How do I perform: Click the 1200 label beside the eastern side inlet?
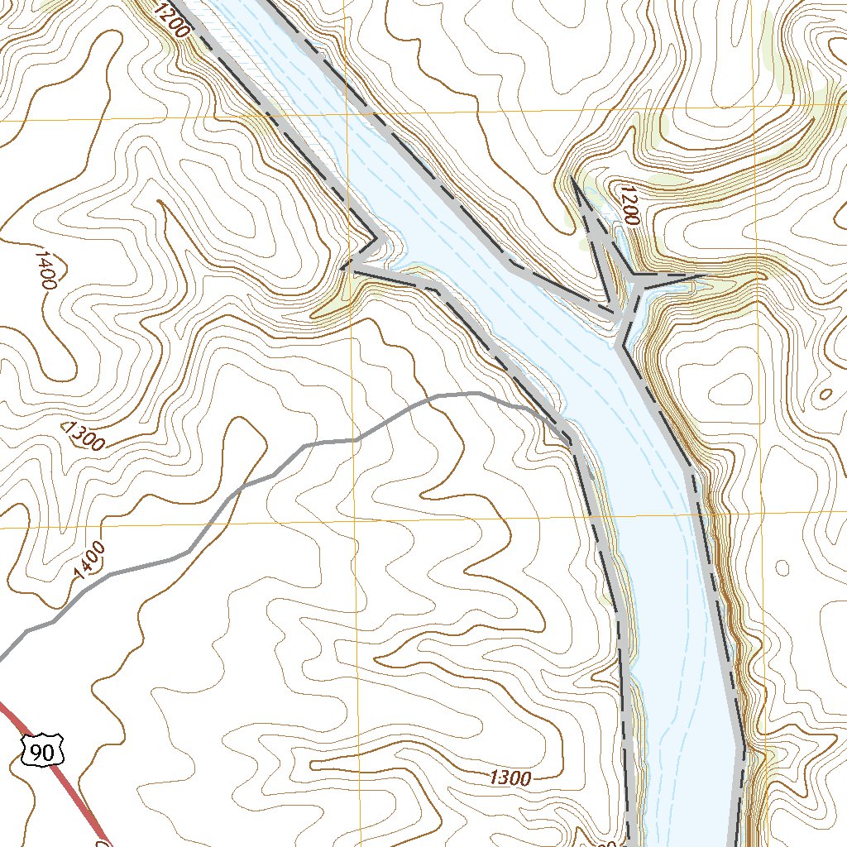coord(628,205)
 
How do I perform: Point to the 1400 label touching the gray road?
coord(89,560)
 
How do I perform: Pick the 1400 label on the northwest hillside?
coord(44,266)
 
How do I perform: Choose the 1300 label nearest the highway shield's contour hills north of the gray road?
coord(84,435)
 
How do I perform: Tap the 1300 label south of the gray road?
coord(510,778)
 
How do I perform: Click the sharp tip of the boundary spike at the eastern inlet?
coord(572,178)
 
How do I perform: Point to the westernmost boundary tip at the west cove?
coord(341,268)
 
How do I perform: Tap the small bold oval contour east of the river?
coord(824,395)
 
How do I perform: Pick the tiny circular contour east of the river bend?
coord(782,568)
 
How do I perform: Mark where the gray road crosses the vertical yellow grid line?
coord(357,439)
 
